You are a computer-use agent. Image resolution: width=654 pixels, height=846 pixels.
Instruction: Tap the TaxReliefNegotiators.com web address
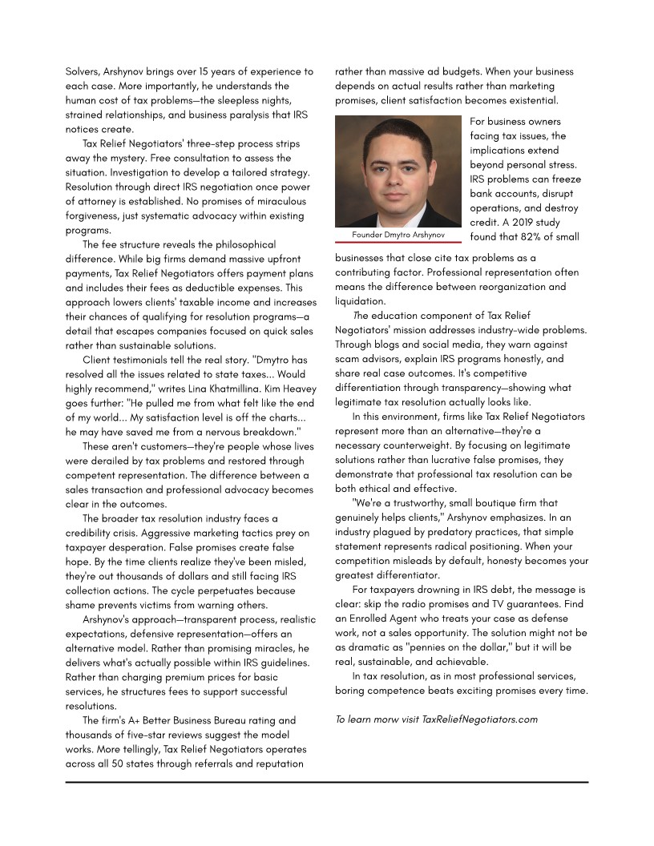click(479, 719)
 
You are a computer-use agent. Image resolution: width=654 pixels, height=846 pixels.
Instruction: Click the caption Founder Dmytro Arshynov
click(398, 235)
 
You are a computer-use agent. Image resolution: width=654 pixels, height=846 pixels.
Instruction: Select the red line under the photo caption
click(398, 242)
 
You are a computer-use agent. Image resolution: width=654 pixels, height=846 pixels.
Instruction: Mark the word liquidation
click(360, 301)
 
